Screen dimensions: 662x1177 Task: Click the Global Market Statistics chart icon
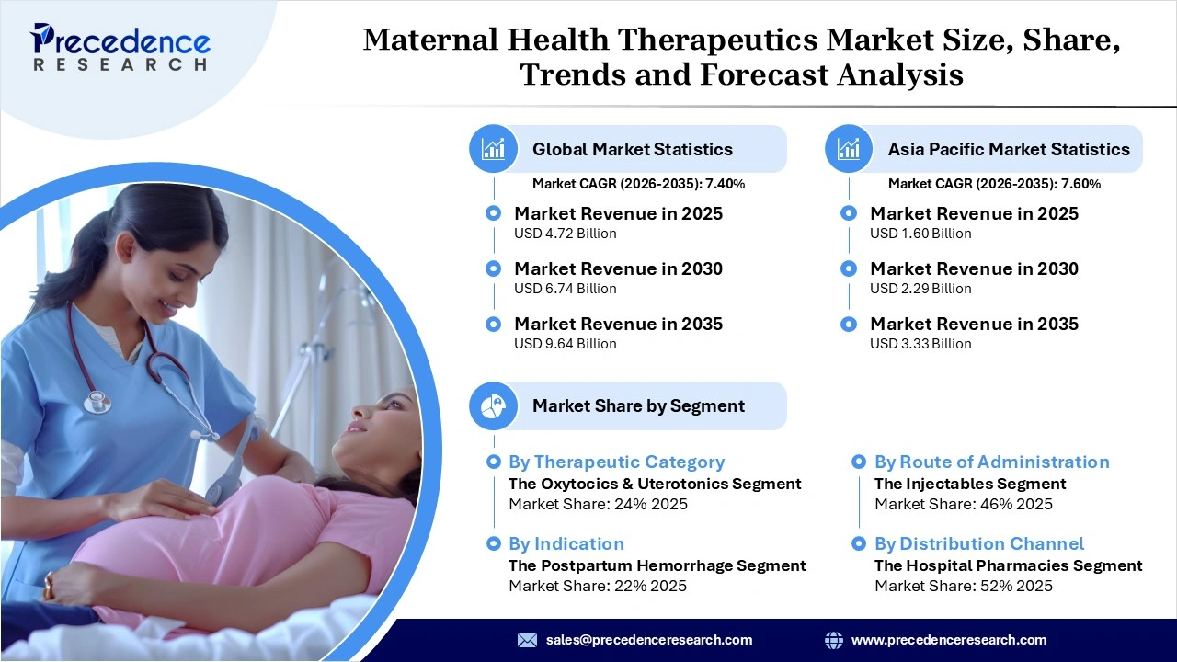coord(494,149)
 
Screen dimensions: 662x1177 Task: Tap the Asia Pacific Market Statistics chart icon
coord(849,149)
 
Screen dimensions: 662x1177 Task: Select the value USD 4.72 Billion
coord(565,234)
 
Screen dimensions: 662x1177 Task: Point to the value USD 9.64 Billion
coord(565,344)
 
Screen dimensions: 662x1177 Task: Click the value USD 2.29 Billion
coord(920,289)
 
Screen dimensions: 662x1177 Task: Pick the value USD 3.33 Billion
coord(920,344)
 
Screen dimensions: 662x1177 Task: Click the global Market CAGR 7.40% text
coord(638,184)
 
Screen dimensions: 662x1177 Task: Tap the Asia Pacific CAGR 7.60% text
coord(994,184)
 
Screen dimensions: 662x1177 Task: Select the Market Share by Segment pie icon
coord(494,405)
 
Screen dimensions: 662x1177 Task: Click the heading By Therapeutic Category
coord(616,462)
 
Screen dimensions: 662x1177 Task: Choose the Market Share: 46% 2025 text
coord(963,504)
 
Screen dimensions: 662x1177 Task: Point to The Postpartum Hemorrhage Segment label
coord(657,565)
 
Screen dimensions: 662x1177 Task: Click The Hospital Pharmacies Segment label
coord(1008,565)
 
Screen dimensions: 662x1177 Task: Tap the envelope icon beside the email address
coord(527,640)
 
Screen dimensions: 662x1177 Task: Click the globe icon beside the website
coord(834,640)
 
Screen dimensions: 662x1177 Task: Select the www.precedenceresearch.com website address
coord(949,640)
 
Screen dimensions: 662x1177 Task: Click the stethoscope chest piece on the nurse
coord(97,401)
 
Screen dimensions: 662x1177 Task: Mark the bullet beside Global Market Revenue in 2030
coord(494,268)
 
